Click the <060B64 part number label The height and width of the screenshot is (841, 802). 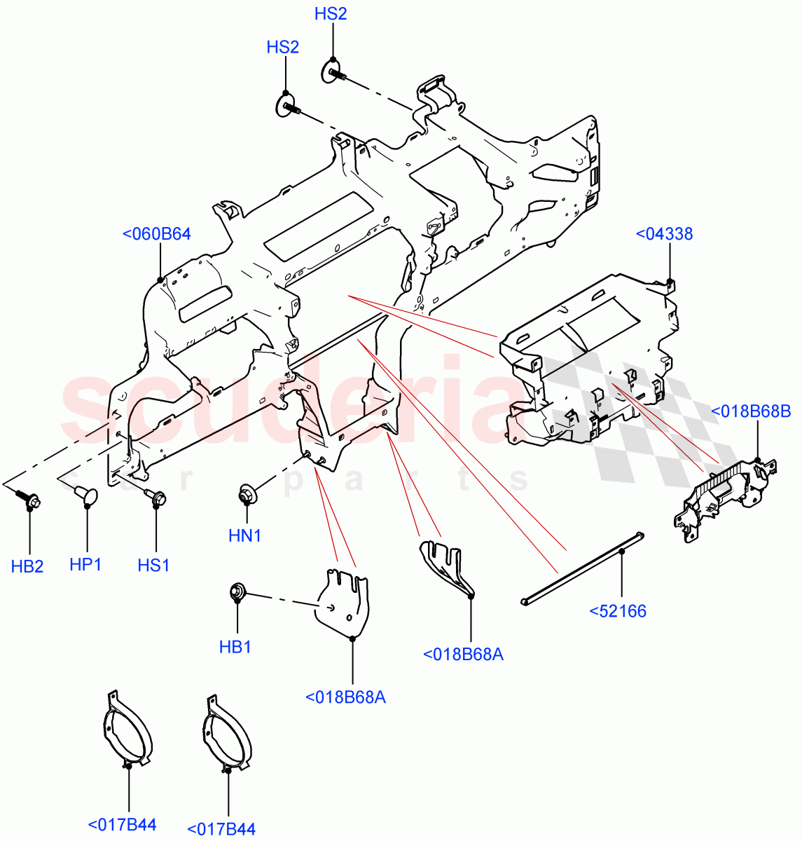pyautogui.click(x=156, y=234)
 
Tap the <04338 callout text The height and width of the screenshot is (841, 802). pyautogui.click(x=663, y=234)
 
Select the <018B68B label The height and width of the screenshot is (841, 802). pyautogui.click(x=751, y=411)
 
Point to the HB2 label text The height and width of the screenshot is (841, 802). pyautogui.click(x=27, y=566)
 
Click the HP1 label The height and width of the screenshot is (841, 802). pyautogui.click(x=85, y=564)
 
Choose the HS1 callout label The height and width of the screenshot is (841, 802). pyautogui.click(x=153, y=565)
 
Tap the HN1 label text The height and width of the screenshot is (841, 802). pyautogui.click(x=244, y=536)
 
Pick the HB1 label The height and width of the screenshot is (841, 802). pyautogui.click(x=235, y=647)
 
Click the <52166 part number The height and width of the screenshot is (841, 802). pyautogui.click(x=617, y=611)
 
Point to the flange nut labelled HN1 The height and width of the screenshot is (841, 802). pyautogui.click(x=247, y=493)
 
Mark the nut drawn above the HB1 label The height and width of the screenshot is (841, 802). pyautogui.click(x=237, y=592)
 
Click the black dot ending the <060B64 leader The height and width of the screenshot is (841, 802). pyautogui.click(x=160, y=280)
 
